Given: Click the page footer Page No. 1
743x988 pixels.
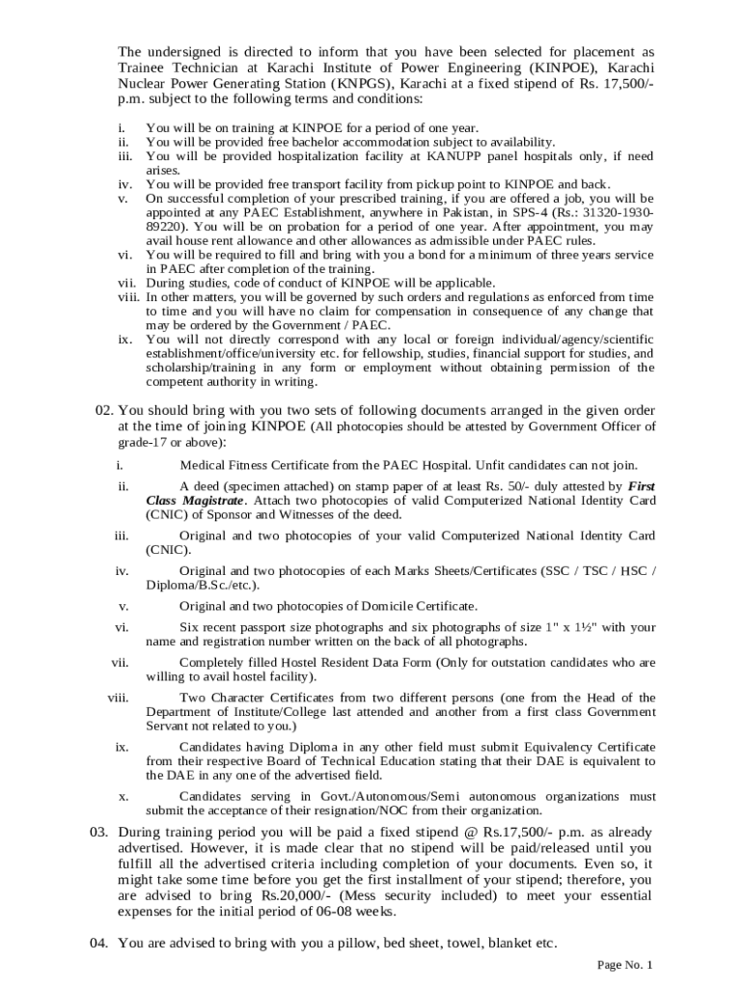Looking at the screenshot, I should tap(625, 965).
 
